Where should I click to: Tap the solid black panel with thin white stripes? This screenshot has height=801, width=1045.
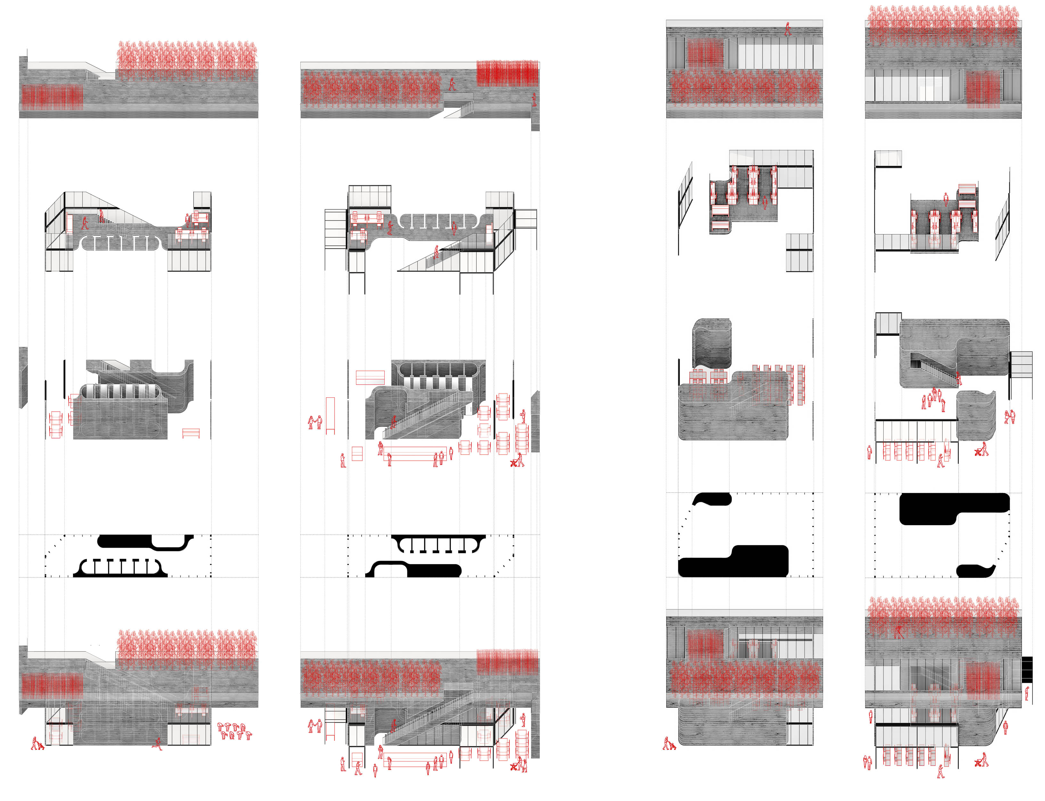[x=1027, y=669]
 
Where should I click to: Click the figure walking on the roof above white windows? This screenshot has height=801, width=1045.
[x=788, y=29]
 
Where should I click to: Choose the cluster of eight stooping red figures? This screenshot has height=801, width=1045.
[x=233, y=731]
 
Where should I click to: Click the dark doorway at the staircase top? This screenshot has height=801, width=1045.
[x=915, y=363]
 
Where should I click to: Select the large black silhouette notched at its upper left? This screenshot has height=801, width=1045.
[x=732, y=561]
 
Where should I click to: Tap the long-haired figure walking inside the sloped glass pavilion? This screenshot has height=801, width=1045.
[x=85, y=223]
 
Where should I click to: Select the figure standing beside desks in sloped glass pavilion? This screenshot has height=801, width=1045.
[x=188, y=220]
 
